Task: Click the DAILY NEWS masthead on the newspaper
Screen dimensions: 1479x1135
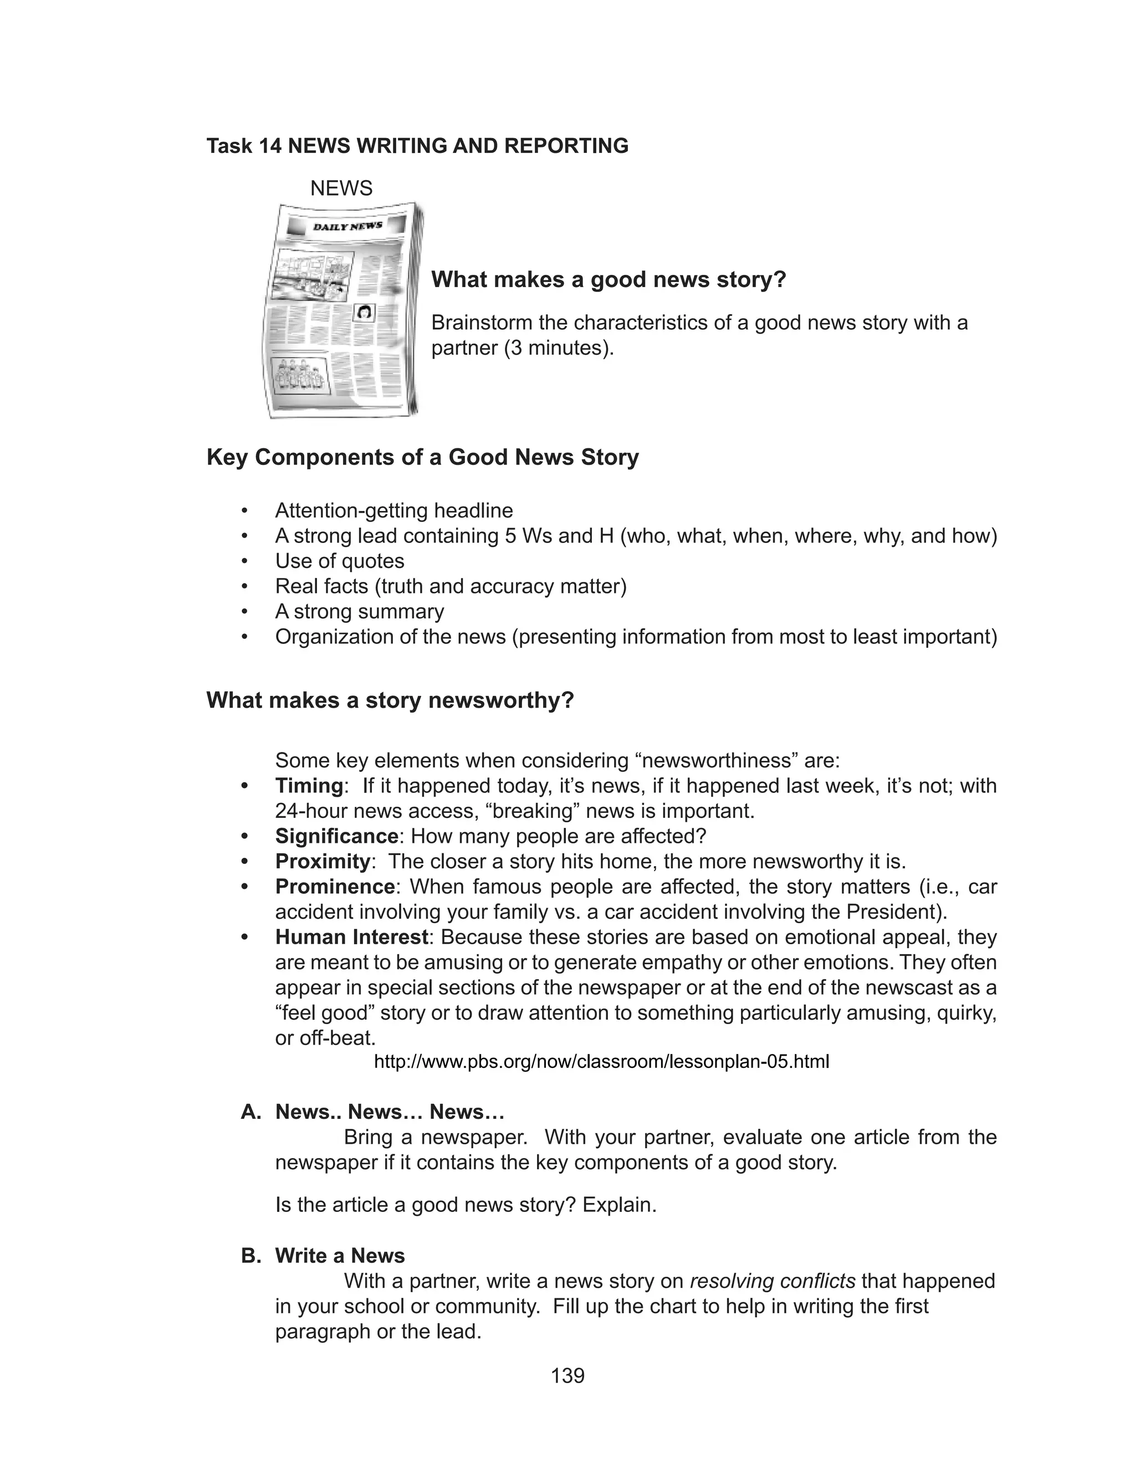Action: tap(347, 226)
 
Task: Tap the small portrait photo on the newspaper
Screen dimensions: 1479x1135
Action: tap(365, 312)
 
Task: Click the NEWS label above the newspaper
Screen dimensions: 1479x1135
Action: tap(341, 188)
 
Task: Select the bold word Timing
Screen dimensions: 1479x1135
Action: tap(309, 785)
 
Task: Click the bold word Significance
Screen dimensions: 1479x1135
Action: tap(336, 836)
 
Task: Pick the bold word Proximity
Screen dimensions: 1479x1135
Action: tap(322, 861)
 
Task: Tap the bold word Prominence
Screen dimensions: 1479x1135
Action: tap(334, 886)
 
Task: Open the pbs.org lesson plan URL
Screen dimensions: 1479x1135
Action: tap(601, 1062)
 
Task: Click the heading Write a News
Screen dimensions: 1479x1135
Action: tap(339, 1256)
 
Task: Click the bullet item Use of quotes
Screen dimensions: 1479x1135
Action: tap(339, 561)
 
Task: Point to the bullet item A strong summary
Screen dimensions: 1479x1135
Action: tap(360, 611)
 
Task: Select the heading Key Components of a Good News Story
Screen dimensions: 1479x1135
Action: tap(422, 457)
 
